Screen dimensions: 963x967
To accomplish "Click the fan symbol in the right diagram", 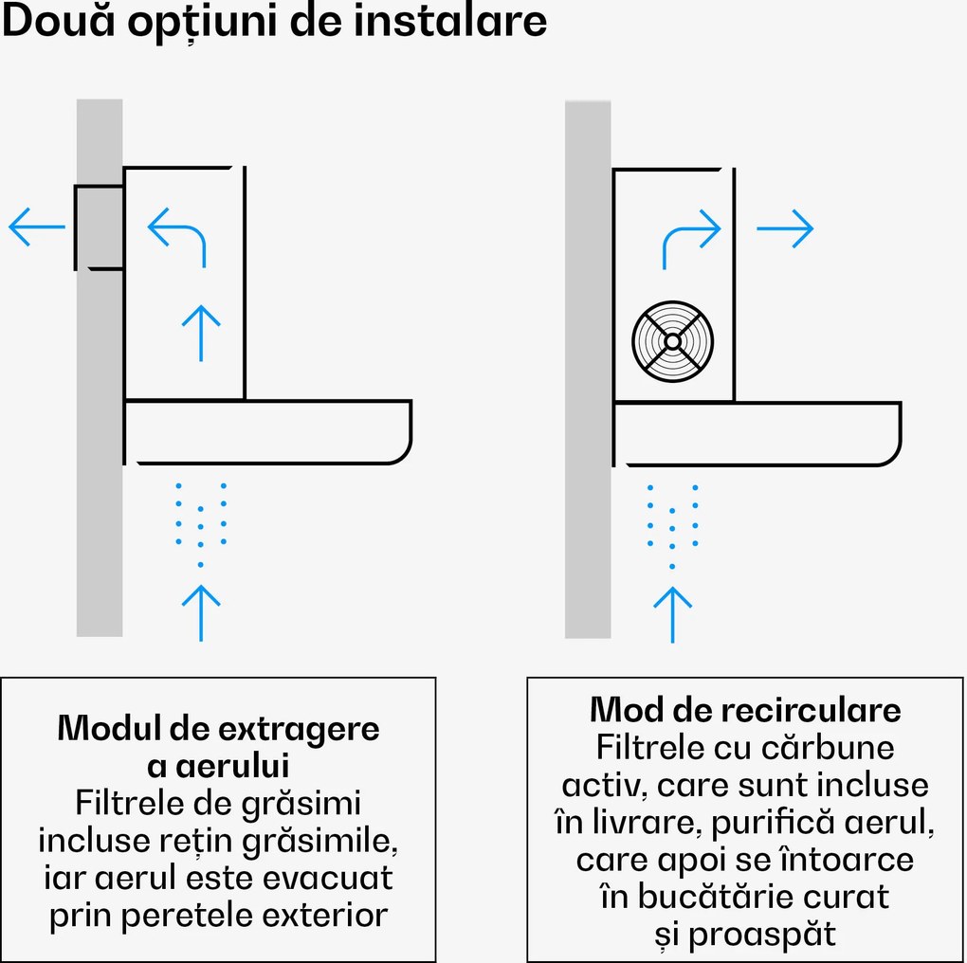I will pyautogui.click(x=672, y=341).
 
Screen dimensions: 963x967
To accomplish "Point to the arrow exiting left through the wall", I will pyautogui.click(x=37, y=227).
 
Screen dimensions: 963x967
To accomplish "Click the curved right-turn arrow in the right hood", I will pyautogui.click(x=691, y=237).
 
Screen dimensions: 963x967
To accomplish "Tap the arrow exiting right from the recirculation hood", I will pyautogui.click(x=785, y=227).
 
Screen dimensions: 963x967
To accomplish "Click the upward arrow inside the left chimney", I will pyautogui.click(x=201, y=332).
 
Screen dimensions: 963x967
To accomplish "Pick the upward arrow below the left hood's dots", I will pyautogui.click(x=201, y=611).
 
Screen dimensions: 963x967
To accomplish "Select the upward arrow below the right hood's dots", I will pyautogui.click(x=673, y=614).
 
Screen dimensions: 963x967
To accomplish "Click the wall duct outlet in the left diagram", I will pyautogui.click(x=99, y=227).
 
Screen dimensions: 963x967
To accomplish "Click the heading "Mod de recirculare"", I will pyautogui.click(x=745, y=710).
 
